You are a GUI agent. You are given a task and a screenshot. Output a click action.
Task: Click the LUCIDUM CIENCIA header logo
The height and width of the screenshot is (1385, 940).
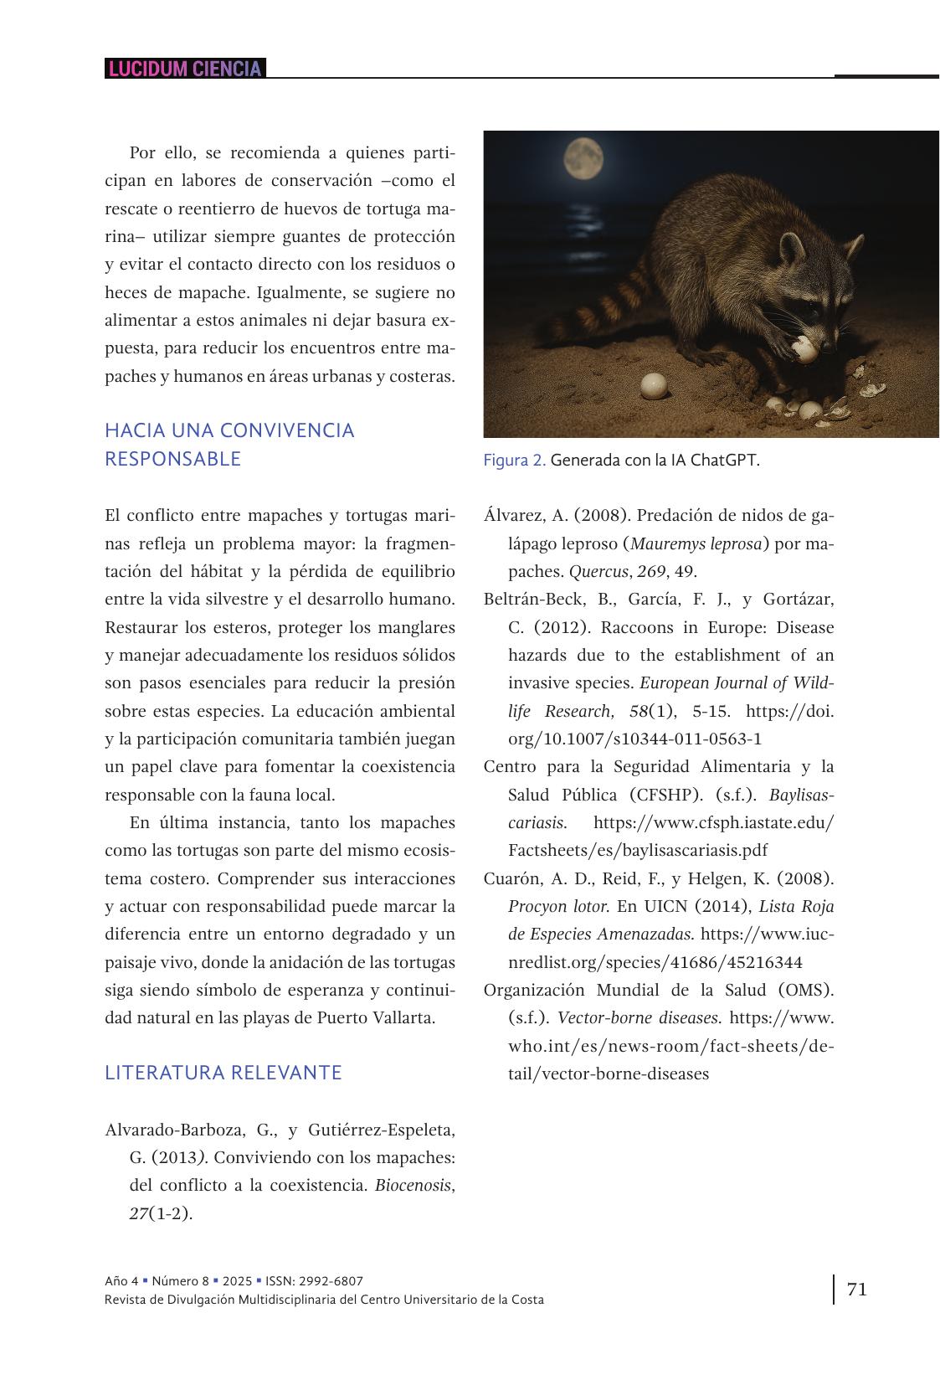click(185, 69)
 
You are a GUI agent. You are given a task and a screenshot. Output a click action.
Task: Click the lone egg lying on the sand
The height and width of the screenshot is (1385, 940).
click(654, 385)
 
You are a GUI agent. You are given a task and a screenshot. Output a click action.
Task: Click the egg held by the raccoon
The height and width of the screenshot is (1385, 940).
click(804, 349)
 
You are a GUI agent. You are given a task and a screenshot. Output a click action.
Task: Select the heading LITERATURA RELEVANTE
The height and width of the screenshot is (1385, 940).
click(223, 1073)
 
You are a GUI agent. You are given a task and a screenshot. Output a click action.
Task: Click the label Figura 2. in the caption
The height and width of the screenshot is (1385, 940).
click(514, 461)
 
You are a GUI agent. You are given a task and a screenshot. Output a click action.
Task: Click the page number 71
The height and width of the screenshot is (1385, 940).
click(856, 1289)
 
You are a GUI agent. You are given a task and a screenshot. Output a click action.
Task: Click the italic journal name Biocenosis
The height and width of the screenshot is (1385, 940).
click(413, 1186)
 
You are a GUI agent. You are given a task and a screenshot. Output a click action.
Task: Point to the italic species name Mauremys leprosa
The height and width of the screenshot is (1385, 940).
click(696, 543)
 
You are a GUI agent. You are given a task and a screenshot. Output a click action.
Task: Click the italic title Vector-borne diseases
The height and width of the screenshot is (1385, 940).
click(638, 1018)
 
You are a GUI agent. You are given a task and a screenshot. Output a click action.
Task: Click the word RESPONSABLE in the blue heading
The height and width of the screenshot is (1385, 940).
click(172, 459)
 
